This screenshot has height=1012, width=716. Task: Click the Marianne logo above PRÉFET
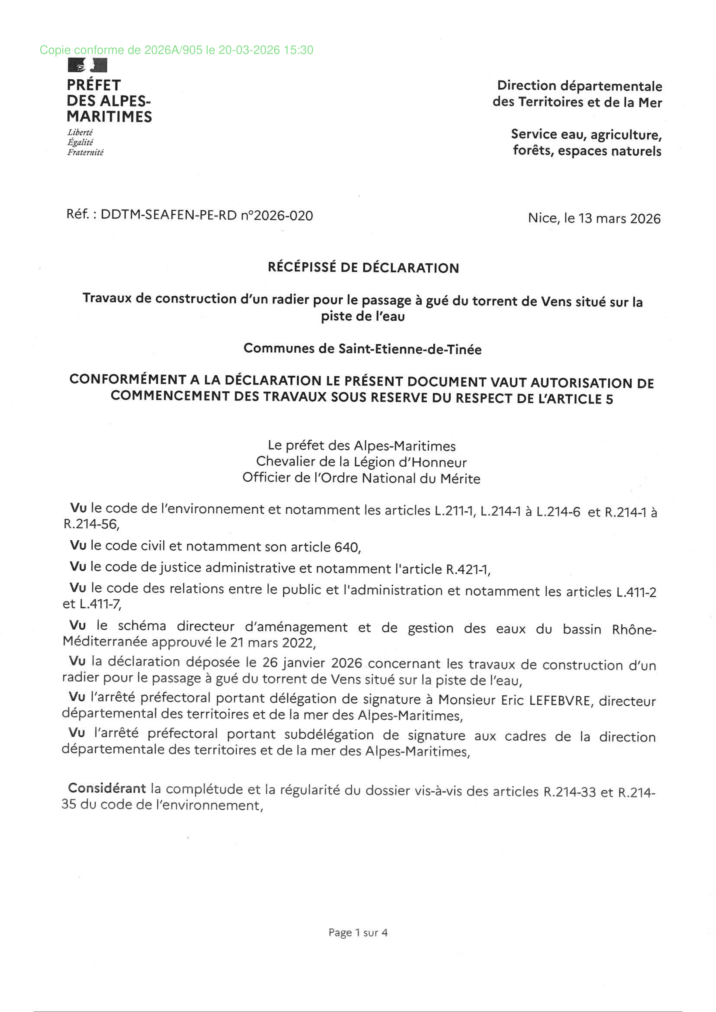[87, 65]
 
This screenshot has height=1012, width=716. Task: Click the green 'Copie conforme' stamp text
[176, 50]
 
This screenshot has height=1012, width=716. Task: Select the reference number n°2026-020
[277, 216]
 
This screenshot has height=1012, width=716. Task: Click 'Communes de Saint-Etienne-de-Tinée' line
[362, 349]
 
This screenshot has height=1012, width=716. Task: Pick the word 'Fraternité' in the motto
[85, 152]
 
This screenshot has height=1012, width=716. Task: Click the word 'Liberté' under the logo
[80, 132]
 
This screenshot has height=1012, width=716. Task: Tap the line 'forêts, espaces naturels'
[587, 151]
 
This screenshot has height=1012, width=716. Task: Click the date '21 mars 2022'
[272, 643]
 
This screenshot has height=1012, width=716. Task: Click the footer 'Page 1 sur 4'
[358, 933]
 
